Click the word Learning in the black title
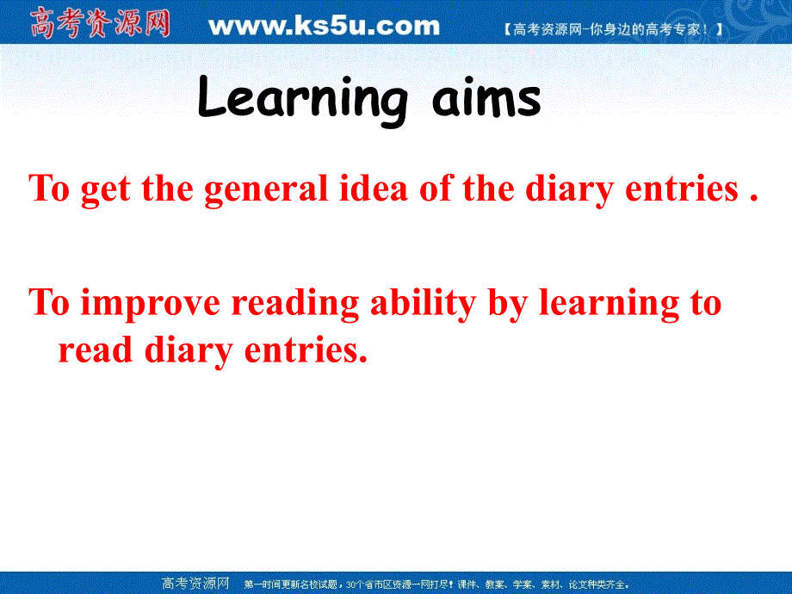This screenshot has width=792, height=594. (300, 100)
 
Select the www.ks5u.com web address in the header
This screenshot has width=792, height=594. (324, 26)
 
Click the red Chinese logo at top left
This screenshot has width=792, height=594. (100, 23)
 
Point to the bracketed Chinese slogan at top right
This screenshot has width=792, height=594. (612, 29)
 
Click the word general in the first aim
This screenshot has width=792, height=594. (266, 189)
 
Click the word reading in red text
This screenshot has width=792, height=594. (295, 305)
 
